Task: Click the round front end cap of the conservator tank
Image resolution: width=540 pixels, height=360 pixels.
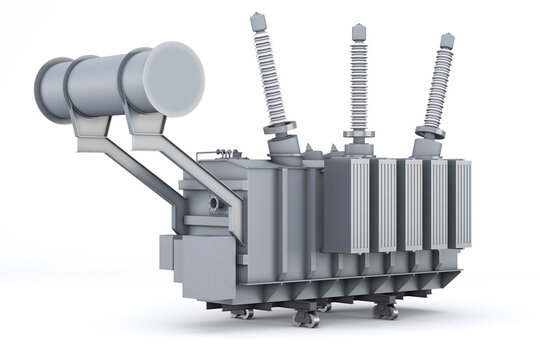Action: point(174,78)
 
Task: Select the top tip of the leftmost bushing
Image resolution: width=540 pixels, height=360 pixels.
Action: point(259,19)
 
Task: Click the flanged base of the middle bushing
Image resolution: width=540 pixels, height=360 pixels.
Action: point(358,135)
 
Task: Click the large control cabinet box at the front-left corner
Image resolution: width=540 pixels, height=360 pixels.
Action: point(206,265)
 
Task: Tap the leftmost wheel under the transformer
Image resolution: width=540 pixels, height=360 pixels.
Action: point(241,313)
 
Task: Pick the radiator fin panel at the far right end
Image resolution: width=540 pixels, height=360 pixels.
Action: point(460,204)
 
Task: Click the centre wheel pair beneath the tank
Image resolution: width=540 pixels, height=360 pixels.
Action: point(307,318)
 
